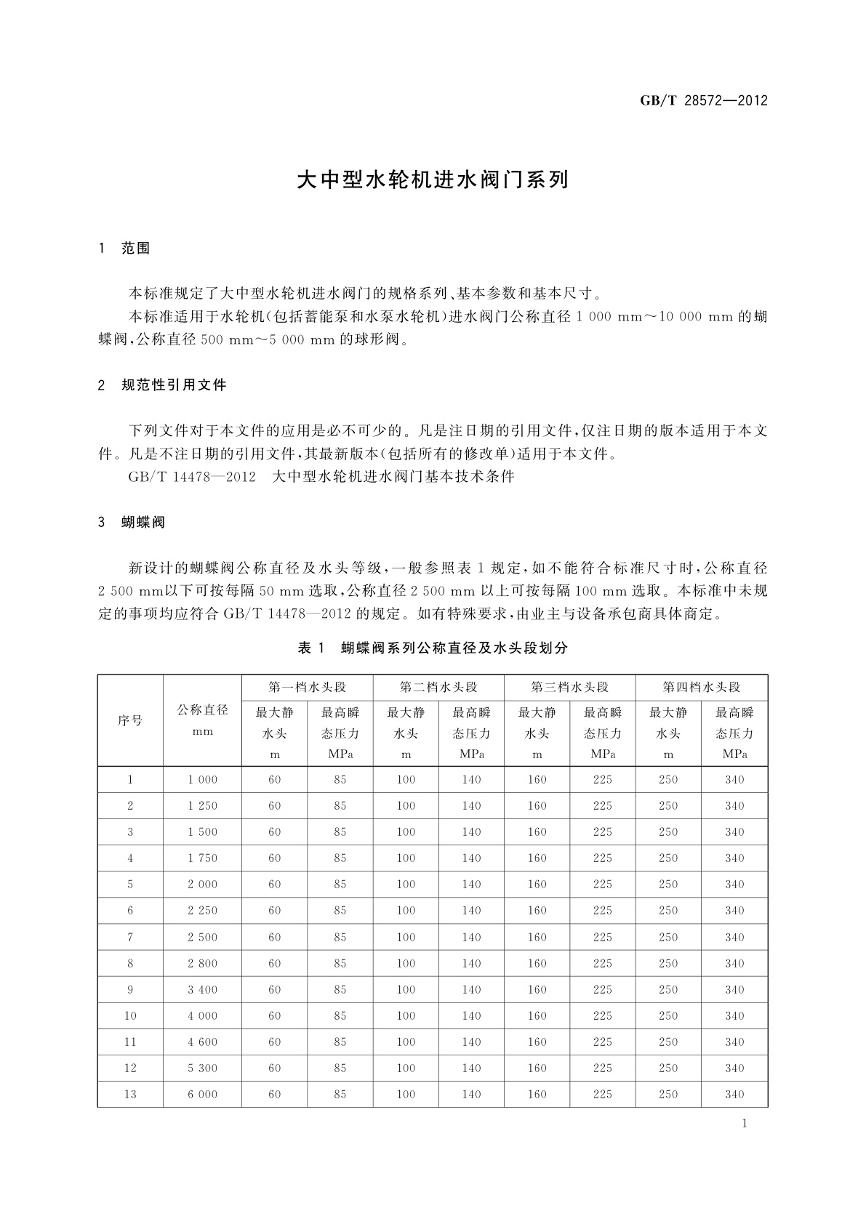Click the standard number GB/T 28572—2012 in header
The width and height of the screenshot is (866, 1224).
point(703,101)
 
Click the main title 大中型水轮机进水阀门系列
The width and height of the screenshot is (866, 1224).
point(432,180)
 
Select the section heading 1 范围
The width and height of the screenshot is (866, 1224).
point(124,249)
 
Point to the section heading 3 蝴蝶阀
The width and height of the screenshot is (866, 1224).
point(132,522)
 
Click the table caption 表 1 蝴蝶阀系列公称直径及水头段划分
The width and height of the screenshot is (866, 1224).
point(432,648)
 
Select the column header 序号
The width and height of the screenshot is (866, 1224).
point(130,720)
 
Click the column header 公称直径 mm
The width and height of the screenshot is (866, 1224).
point(202,720)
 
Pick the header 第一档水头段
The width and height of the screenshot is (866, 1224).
point(307,687)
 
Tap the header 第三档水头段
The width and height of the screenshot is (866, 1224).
point(569,687)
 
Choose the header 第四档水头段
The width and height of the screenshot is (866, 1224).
point(701,687)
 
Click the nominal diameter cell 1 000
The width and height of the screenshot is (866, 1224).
point(202,779)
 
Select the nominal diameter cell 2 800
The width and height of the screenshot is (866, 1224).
point(202,963)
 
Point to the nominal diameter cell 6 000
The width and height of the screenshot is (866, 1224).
point(202,1094)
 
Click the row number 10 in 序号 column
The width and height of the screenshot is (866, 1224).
point(130,1015)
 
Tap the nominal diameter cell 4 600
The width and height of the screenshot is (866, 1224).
point(202,1042)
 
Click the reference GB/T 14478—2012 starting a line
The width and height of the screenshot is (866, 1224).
point(192,477)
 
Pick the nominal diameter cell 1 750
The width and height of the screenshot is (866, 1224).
point(202,858)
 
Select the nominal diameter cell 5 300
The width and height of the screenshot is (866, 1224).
point(202,1068)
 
